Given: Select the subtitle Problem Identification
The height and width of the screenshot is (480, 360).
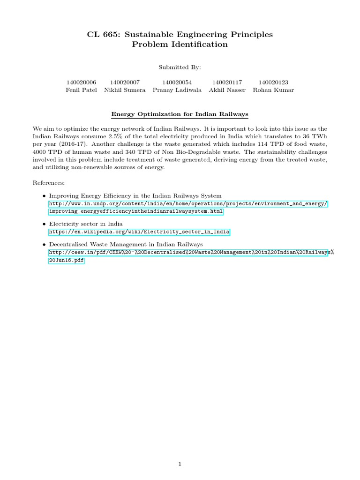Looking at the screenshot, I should [x=180, y=45].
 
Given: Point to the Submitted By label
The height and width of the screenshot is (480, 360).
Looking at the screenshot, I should [x=180, y=67].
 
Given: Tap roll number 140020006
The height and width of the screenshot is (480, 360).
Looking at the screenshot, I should [x=81, y=82].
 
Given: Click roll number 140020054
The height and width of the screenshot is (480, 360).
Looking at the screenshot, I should [x=177, y=82].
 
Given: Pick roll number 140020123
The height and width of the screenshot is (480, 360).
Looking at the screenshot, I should [x=273, y=82].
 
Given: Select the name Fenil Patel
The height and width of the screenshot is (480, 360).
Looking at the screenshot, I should [x=81, y=90].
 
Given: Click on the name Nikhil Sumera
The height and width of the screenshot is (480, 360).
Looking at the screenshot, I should [x=125, y=90].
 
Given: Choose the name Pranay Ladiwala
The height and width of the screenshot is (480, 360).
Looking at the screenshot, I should [x=177, y=90].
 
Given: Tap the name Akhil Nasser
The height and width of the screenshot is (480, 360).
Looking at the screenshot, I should [x=227, y=90].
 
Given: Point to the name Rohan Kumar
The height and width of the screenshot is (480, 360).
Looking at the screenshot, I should [x=273, y=90].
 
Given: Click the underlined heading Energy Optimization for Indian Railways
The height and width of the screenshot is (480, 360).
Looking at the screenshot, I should [x=180, y=114].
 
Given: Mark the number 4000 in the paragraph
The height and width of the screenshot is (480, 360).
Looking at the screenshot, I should [x=40, y=152].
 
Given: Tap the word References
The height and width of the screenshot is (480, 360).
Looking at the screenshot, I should [x=49, y=182].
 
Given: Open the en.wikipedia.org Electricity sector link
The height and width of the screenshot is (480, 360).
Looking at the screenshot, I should [x=139, y=232].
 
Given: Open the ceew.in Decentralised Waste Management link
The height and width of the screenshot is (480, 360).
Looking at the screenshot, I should [x=187, y=252].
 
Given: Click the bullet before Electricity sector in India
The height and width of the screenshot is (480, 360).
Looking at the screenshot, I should [x=44, y=224].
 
